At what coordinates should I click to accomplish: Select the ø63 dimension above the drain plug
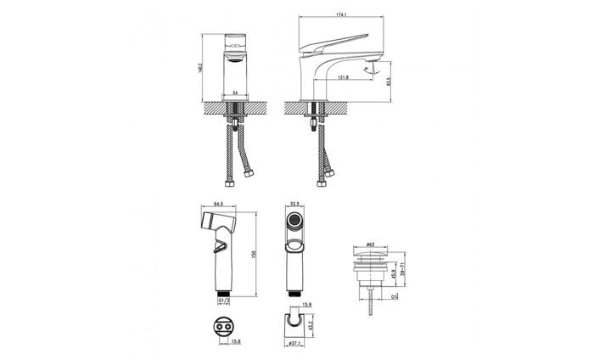[370, 244]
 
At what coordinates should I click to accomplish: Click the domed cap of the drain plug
[370, 252]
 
